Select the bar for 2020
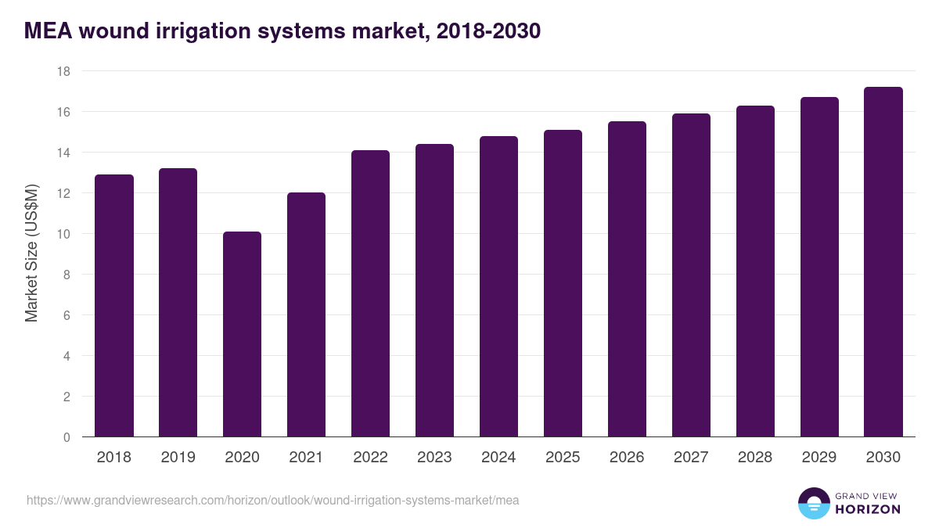(242, 334)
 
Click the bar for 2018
(114, 306)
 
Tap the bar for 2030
(883, 262)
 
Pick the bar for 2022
(370, 293)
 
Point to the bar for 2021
(306, 314)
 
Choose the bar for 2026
(627, 279)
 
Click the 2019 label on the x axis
(178, 458)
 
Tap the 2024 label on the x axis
(498, 458)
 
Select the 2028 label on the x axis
(755, 458)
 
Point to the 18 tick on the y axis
(63, 71)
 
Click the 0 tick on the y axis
(67, 437)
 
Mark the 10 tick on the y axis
(63, 234)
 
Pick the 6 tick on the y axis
(67, 315)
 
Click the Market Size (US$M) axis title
(31, 254)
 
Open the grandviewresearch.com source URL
(272, 500)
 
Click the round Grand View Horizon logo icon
(814, 503)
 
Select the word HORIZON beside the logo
(868, 509)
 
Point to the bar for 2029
(819, 267)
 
